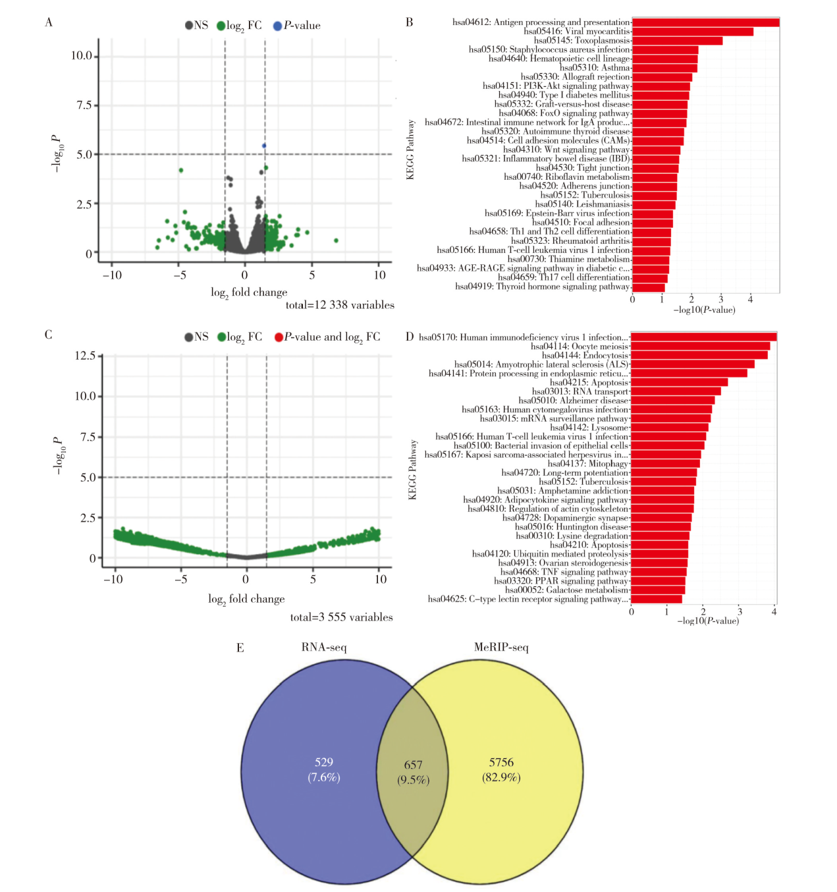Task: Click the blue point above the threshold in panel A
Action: point(264,146)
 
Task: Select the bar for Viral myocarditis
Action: point(692,32)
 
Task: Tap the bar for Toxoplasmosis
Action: point(677,41)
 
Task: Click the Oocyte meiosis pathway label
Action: point(580,347)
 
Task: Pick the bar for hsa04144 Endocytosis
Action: point(699,356)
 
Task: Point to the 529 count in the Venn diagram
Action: point(324,762)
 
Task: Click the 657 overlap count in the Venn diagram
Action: point(413,765)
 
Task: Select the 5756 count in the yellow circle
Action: point(501,762)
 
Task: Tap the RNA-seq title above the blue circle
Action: point(324,648)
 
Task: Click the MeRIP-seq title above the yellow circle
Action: point(501,648)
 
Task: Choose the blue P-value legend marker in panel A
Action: point(278,26)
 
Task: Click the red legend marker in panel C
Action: point(279,337)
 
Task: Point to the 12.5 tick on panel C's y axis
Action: point(85,356)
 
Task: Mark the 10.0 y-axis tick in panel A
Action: point(82,56)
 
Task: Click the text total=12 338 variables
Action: point(340,305)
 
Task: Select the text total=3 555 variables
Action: point(341,617)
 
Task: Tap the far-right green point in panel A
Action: point(336,240)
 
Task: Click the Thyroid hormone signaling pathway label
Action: point(543,287)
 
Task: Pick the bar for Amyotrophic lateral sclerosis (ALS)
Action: point(692,364)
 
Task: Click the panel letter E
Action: point(240,648)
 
